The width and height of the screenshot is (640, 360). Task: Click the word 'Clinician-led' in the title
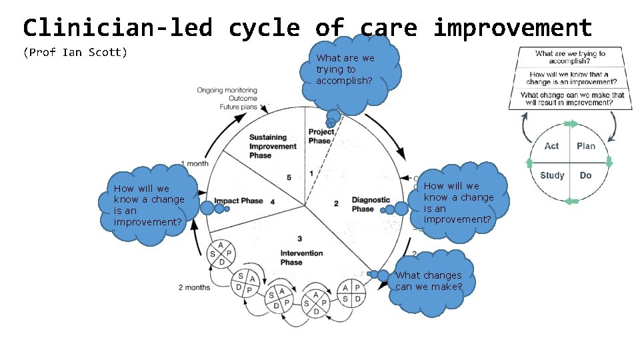[117, 28]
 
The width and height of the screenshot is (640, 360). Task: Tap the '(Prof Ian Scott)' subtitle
[75, 52]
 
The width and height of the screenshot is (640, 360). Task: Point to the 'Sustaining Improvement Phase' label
[273, 147]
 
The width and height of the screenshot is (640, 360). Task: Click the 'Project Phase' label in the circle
[321, 136]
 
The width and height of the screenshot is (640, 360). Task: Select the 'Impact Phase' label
[239, 201]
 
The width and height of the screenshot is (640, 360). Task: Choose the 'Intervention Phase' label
[301, 257]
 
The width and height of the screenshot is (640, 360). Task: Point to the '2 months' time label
[194, 287]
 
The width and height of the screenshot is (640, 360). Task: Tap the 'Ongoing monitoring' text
[227, 91]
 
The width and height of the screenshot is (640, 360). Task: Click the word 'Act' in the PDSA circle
[551, 146]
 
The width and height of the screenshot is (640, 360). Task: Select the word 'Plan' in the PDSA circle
[586, 146]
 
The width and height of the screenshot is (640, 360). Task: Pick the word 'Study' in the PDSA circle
[552, 175]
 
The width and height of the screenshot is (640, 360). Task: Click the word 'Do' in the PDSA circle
[585, 175]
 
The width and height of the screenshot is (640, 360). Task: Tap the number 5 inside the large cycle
[289, 177]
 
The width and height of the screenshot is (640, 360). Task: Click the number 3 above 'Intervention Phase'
[300, 239]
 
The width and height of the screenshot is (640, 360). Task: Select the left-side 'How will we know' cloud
[149, 205]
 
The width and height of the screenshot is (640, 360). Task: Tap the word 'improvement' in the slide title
[513, 28]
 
